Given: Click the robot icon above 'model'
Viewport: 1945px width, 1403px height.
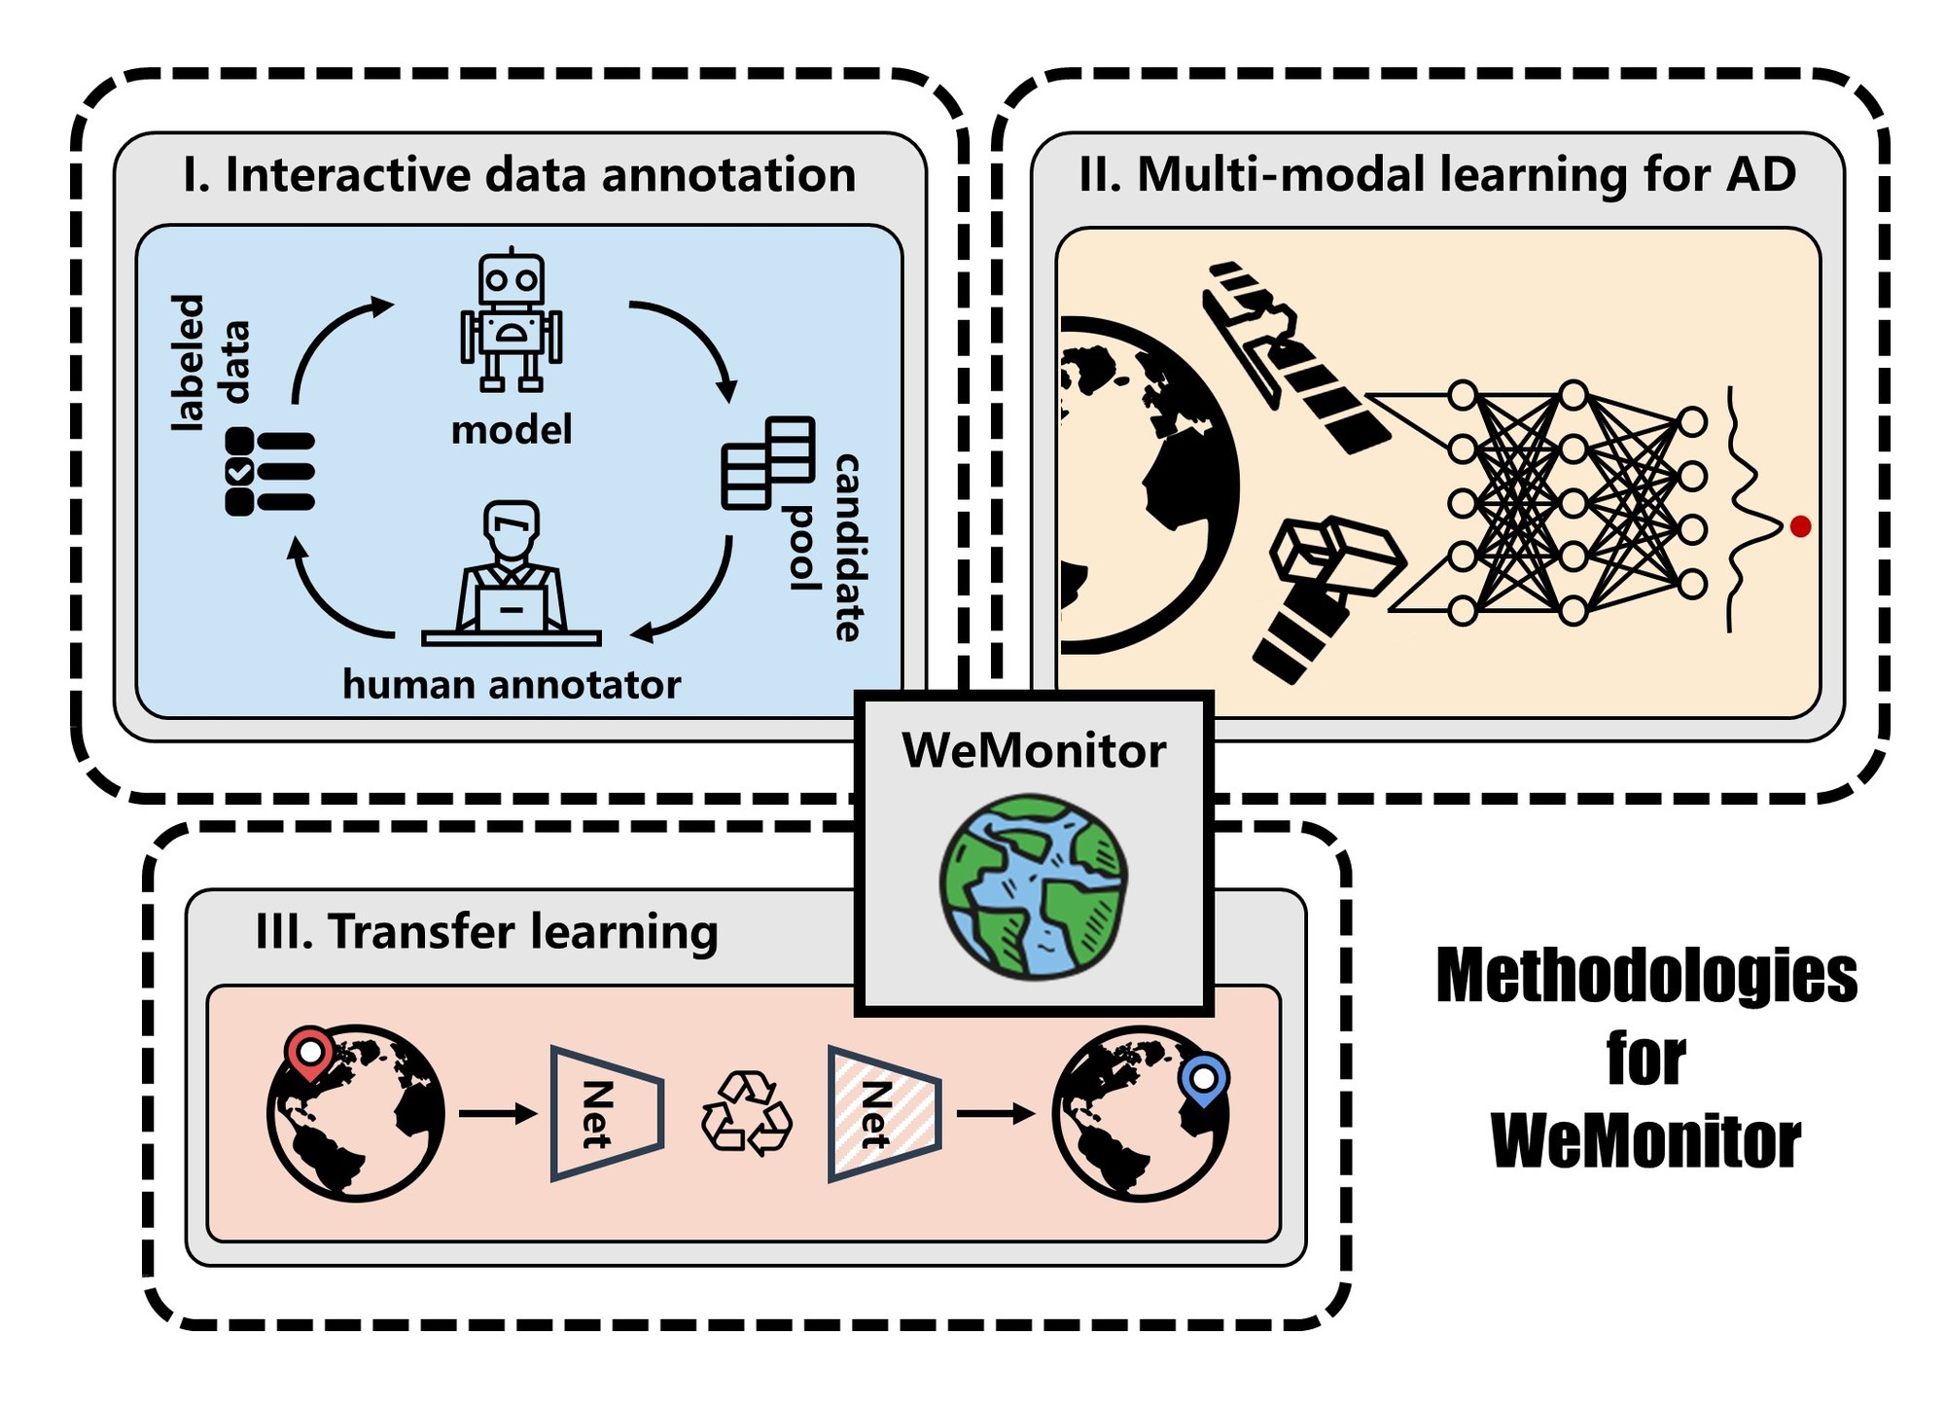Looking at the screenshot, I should pos(512,321).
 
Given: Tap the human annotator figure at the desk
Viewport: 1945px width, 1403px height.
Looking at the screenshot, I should pos(512,574).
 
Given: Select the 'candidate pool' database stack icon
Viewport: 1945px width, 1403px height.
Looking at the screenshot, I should pos(768,462).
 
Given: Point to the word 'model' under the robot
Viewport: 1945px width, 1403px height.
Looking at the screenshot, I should pos(512,430).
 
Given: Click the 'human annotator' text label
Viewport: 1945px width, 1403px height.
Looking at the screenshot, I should pos(512,685).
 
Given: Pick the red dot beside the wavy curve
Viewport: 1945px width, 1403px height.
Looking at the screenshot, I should pos(1800,526).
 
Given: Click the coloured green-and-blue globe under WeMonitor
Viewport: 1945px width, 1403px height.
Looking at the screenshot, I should pos(1034,885).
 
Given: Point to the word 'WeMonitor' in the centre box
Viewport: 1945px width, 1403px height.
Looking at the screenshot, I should pos(1034,751).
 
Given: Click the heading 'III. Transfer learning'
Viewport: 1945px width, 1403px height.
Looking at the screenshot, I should pos(486,931).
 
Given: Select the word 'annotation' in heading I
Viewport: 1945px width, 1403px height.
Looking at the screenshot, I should pos(728,175).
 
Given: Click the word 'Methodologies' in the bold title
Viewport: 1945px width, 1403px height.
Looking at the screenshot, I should pos(1646,976).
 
